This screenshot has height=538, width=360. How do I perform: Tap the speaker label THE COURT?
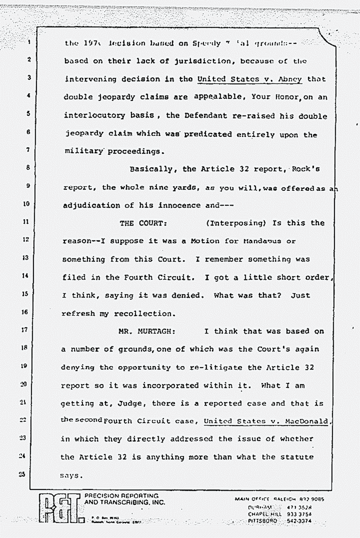point(144,223)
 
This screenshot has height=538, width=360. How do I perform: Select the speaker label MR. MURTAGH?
point(146,331)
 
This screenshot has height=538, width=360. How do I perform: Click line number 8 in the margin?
point(27,168)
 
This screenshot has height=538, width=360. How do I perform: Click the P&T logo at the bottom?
point(61,508)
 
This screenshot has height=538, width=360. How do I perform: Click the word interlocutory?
point(93,115)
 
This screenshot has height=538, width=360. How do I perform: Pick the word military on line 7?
point(84,151)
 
